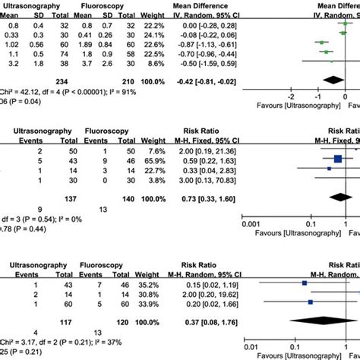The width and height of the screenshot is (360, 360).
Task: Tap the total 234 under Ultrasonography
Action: coord(56,80)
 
